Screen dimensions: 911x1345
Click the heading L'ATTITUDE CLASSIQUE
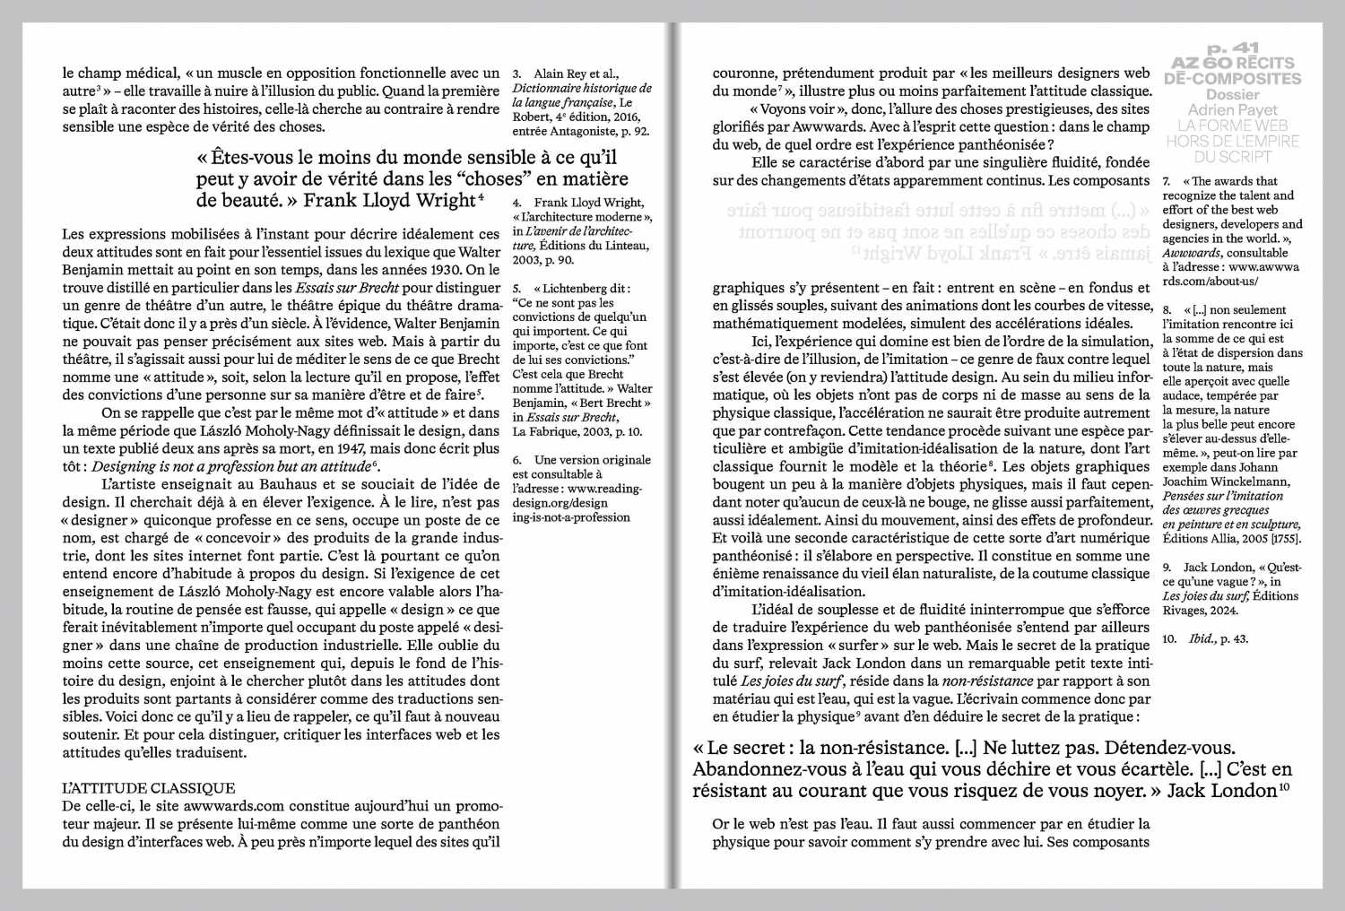pyautogui.click(x=149, y=788)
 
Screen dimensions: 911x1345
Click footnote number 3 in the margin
pyautogui.click(x=516, y=74)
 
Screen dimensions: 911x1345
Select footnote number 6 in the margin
pyautogui.click(x=517, y=460)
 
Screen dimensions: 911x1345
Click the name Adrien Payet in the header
pyautogui.click(x=1233, y=110)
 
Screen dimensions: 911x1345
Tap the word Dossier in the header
pyautogui.click(x=1233, y=95)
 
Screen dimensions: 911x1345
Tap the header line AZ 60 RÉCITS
pyautogui.click(x=1233, y=63)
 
